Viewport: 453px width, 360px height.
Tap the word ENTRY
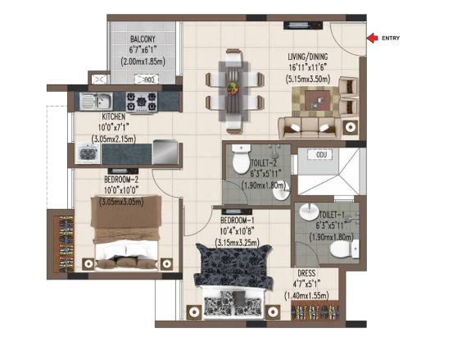392,38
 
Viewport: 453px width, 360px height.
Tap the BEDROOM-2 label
121,179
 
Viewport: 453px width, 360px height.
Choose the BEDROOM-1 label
240,221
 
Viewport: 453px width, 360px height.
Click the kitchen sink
102,102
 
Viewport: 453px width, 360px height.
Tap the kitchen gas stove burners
146,102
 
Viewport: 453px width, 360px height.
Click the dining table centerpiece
233,85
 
